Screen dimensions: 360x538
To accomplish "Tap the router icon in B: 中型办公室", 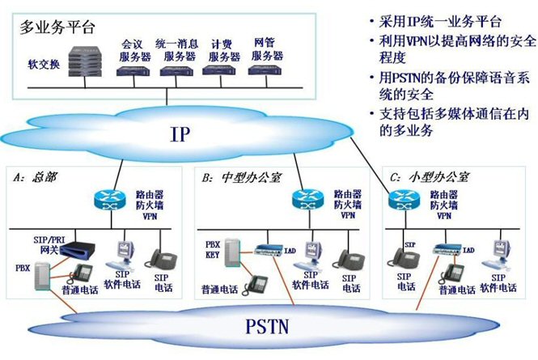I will (x=305, y=200).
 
